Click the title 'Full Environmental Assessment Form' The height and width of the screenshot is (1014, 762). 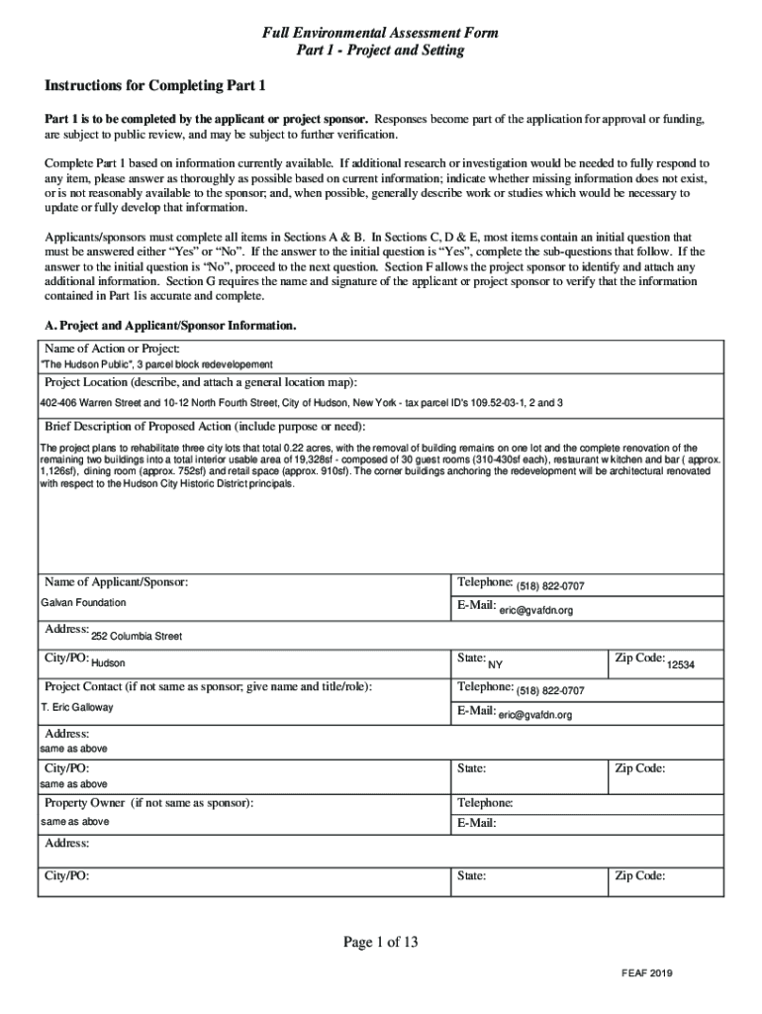(380, 34)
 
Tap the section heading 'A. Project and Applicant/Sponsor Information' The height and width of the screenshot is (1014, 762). (170, 325)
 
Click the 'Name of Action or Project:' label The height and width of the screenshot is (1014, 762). (112, 349)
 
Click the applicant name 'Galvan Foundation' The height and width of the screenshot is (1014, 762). (83, 602)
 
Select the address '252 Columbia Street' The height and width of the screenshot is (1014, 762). (137, 637)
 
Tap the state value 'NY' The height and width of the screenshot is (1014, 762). (496, 664)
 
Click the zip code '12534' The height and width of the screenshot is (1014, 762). (680, 664)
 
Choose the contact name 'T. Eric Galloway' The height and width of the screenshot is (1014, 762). (77, 707)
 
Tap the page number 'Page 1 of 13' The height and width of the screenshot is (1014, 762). (381, 943)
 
